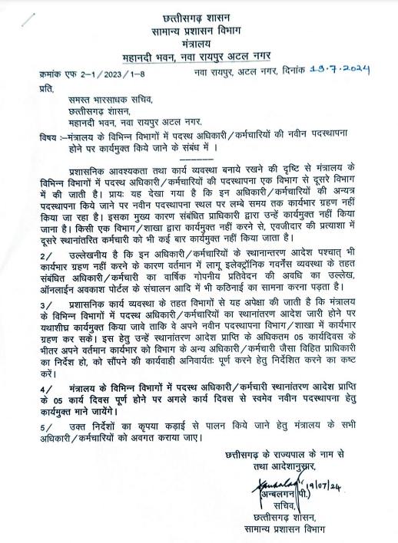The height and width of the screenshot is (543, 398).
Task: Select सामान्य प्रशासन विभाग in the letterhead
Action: [199, 30]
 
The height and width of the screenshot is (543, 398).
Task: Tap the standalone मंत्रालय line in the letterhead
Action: [199, 44]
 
